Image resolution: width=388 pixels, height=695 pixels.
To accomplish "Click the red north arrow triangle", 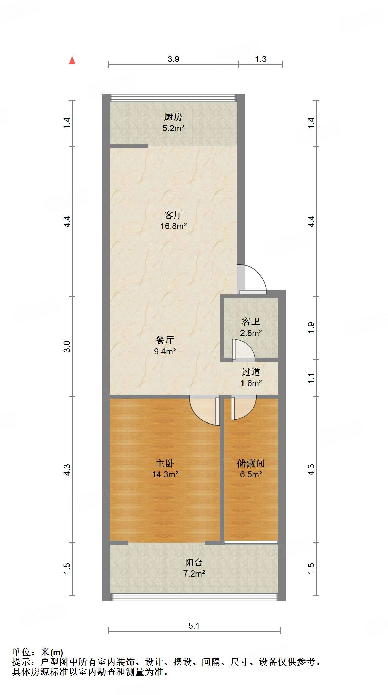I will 72,60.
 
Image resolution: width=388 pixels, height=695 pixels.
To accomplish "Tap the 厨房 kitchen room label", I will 173,117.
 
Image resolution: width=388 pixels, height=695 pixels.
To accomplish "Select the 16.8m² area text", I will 173,226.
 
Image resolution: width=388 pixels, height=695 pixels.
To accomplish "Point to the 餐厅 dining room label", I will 165,340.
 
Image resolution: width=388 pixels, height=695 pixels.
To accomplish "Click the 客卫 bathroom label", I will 251,321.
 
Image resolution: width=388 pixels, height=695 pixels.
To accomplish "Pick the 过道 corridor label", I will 251,372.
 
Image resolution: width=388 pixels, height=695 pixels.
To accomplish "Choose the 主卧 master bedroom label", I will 165,463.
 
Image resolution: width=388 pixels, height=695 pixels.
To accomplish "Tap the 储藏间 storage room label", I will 251,463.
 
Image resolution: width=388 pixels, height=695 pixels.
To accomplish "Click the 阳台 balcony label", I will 194,563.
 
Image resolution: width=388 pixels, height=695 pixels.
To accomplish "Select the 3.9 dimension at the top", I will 173,59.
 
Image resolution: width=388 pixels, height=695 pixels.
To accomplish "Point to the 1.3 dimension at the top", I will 260,59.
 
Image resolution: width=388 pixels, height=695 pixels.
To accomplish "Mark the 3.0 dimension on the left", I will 67,346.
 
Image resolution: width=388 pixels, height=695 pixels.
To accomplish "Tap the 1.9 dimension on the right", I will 311,328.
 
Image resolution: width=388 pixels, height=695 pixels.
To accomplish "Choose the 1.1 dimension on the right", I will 311,378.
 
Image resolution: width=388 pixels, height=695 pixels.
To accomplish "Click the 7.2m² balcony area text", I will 194,574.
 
